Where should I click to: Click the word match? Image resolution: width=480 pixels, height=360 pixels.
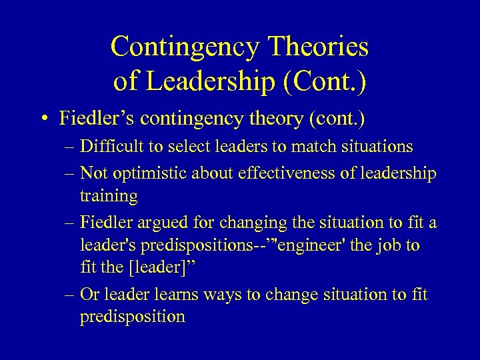312,147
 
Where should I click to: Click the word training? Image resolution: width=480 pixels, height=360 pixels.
109,196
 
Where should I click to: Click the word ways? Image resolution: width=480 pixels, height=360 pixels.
216,294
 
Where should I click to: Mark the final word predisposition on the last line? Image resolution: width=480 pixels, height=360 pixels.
132,317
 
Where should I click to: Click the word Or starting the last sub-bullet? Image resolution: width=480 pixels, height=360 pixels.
89,294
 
